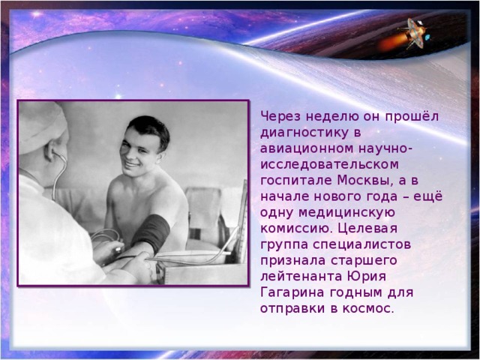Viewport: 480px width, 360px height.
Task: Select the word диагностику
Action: [297, 133]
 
